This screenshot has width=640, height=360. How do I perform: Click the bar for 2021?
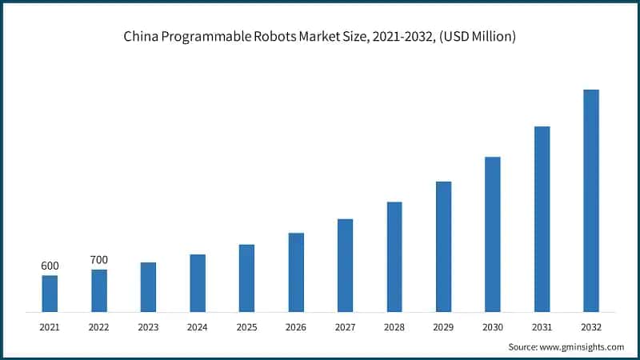click(x=50, y=293)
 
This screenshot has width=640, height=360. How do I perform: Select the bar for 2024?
click(x=198, y=282)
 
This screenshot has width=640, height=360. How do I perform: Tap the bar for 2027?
click(x=345, y=265)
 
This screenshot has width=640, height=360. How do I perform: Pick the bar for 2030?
click(x=493, y=234)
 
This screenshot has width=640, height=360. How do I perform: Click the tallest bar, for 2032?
click(x=591, y=200)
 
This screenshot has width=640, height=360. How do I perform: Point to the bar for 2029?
click(x=443, y=246)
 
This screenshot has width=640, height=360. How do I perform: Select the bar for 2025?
click(x=246, y=278)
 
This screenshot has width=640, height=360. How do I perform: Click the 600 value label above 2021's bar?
click(x=50, y=266)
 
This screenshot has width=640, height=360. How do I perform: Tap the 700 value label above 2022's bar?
click(x=98, y=260)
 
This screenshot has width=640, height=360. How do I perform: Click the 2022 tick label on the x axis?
click(x=98, y=327)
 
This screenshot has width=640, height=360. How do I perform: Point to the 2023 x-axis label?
click(x=148, y=327)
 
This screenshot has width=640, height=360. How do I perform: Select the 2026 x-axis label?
click(x=296, y=327)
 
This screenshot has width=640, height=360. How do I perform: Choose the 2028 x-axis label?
click(x=394, y=327)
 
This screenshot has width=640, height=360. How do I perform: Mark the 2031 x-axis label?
click(x=542, y=327)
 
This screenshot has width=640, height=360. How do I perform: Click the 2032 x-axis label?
click(x=591, y=327)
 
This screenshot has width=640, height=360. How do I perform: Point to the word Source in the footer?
click(x=522, y=346)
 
